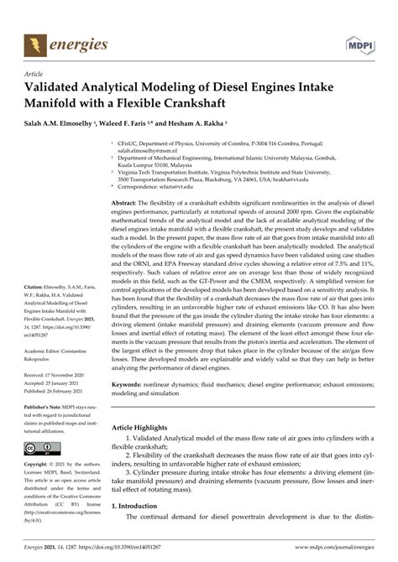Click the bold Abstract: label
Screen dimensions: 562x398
click(x=126, y=203)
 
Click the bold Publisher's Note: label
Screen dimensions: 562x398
click(x=45, y=429)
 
